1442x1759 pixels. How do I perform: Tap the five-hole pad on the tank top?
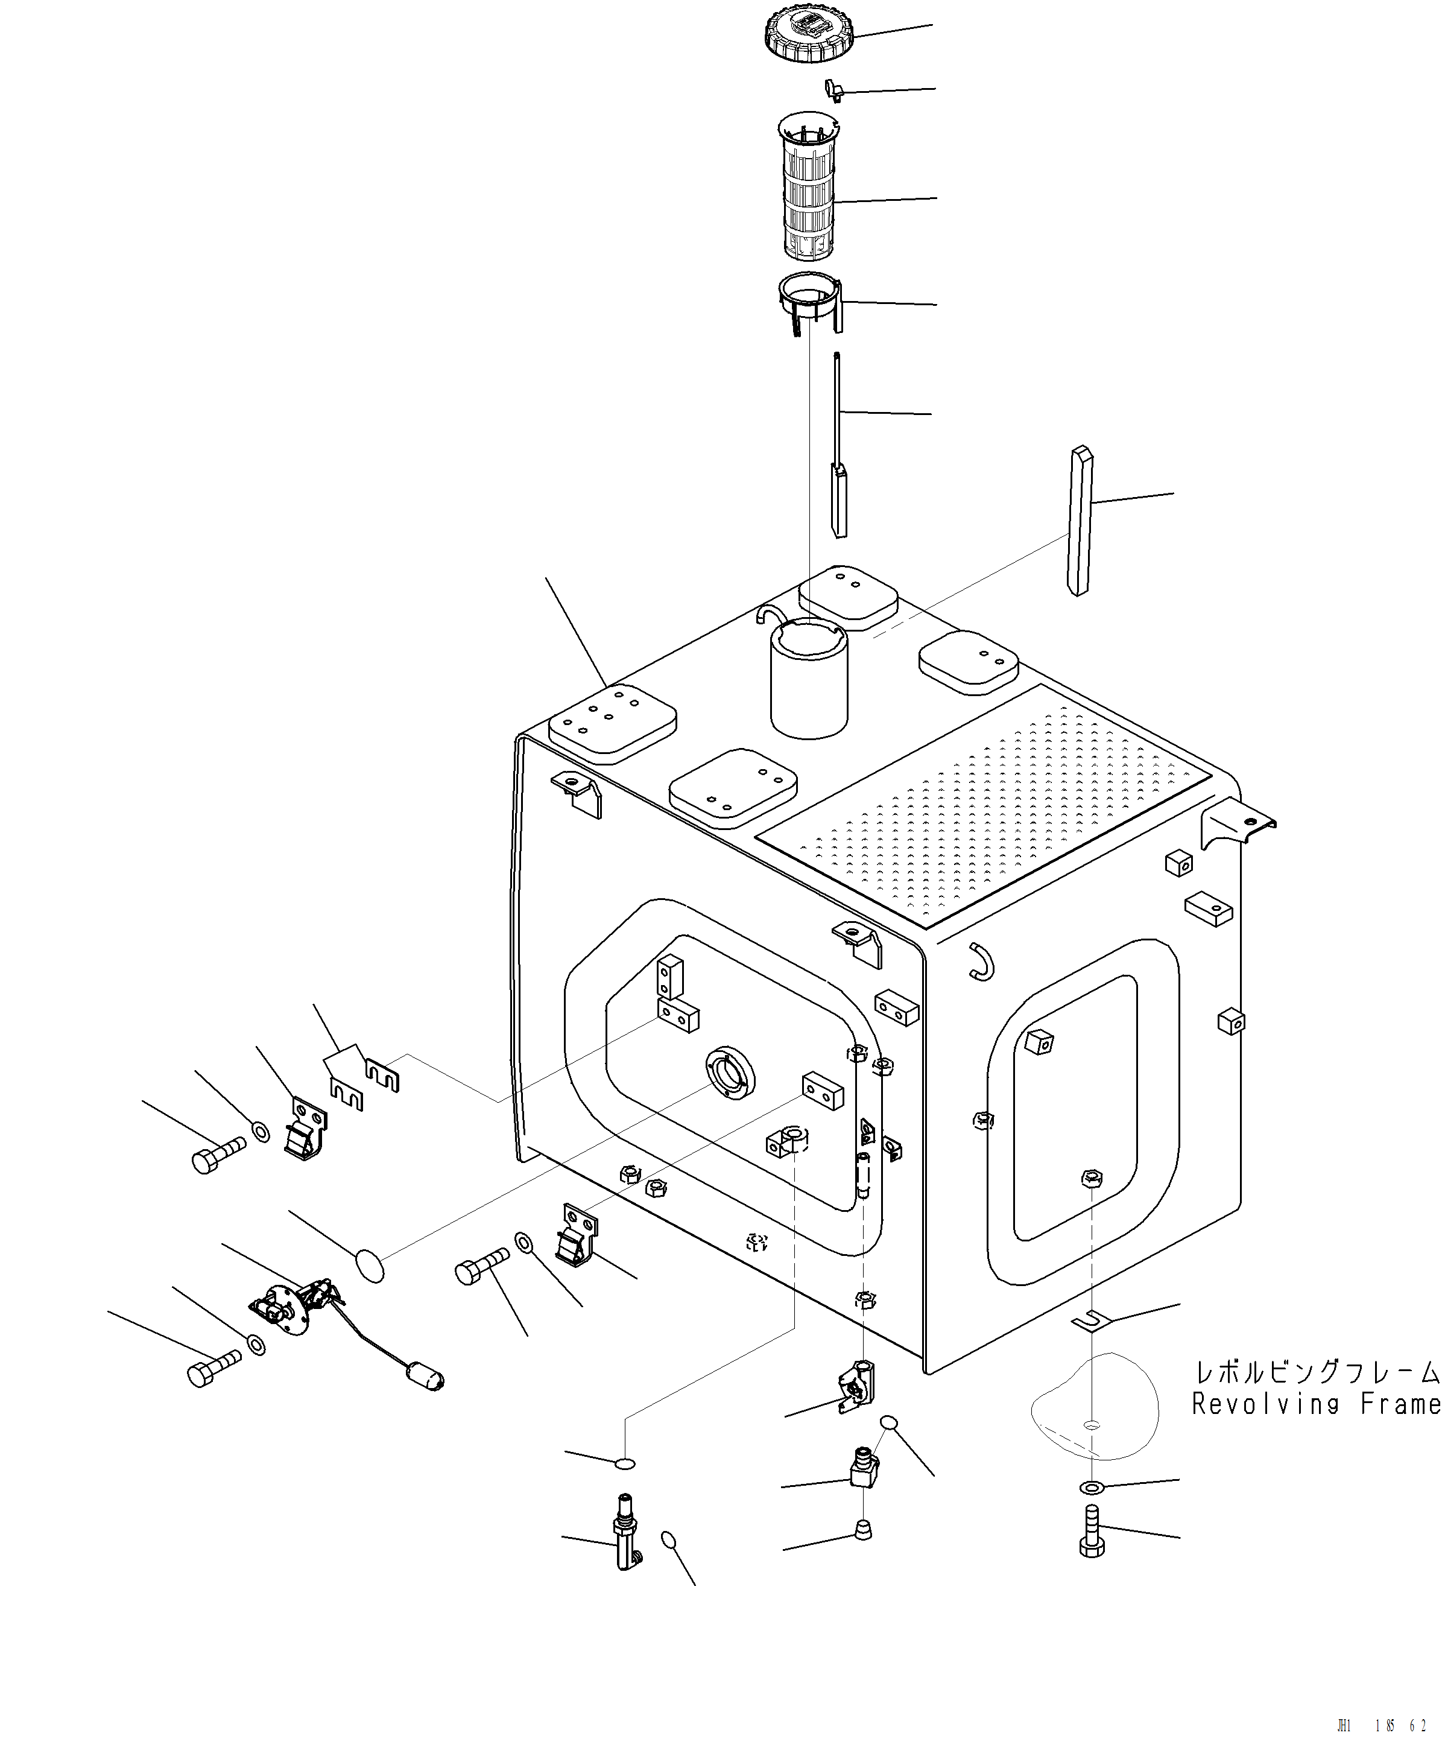tap(612, 723)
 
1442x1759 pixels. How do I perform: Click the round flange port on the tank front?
tap(729, 1074)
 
